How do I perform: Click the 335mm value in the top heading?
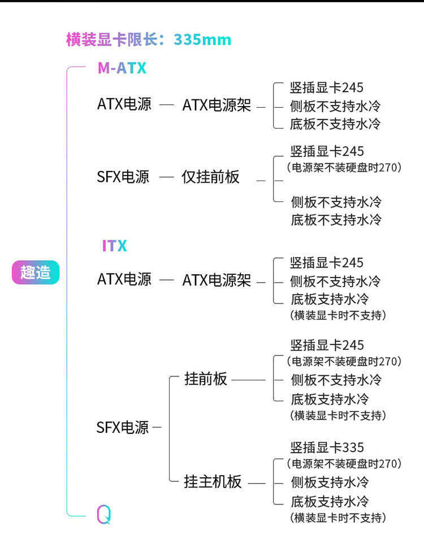[202, 39]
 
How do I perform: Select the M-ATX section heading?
[122, 68]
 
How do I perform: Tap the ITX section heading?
[114, 246]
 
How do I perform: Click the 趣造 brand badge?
[36, 273]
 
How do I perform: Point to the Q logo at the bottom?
[103, 513]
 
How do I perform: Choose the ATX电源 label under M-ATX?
[124, 104]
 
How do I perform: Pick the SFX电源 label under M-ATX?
[123, 177]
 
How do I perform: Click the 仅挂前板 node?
[210, 177]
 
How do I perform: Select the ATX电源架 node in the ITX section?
[217, 280]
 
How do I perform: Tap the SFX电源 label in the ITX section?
[123, 427]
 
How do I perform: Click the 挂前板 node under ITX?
[206, 379]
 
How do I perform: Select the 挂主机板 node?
[213, 482]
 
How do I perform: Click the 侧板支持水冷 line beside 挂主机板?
[330, 482]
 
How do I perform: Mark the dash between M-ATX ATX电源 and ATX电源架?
[167, 105]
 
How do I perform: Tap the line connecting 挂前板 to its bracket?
[249, 380]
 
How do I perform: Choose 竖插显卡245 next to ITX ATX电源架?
[327, 263]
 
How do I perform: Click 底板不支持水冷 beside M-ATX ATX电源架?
[335, 124]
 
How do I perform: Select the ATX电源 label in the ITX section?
[124, 279]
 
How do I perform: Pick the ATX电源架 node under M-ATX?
[217, 105]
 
